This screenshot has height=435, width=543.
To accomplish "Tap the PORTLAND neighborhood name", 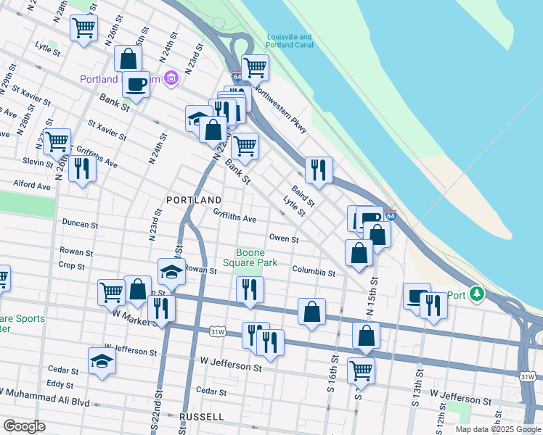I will pyautogui.click(x=194, y=199).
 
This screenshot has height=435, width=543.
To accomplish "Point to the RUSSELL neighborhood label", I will pyautogui.click(x=203, y=417).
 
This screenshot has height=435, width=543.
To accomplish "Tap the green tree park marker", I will pyautogui.click(x=476, y=294).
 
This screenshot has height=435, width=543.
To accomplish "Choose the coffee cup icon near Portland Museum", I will pyautogui.click(x=136, y=84).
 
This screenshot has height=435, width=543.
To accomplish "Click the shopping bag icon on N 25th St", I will pyautogui.click(x=128, y=59).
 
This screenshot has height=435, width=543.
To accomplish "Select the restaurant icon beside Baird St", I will pyautogui.click(x=318, y=170).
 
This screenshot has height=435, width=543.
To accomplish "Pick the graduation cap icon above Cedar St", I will pyautogui.click(x=101, y=360).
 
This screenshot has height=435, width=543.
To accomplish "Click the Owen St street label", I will pyautogui.click(x=284, y=239).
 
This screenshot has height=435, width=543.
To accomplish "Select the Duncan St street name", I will pyautogui.click(x=80, y=224).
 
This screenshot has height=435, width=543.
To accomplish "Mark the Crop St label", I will pyautogui.click(x=71, y=265).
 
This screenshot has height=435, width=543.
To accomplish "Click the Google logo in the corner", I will pyautogui.click(x=23, y=426).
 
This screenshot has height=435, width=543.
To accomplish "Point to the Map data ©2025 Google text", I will pyautogui.click(x=497, y=429).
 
